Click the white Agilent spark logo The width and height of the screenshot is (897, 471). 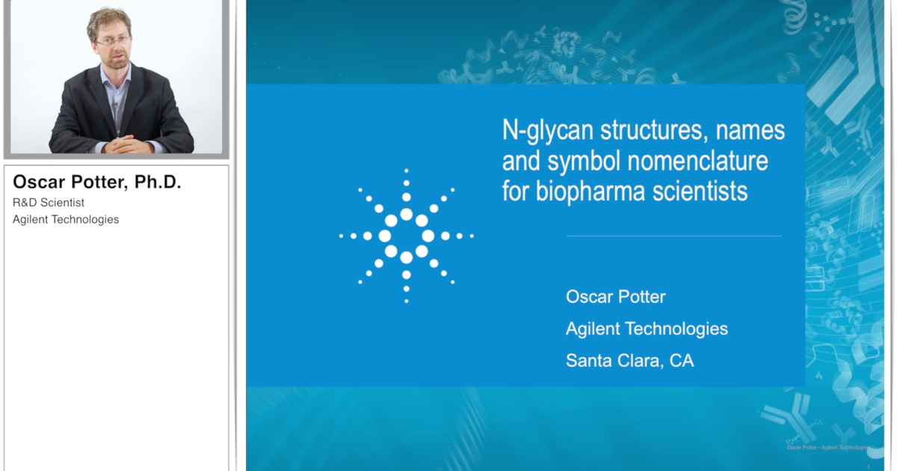(406, 235)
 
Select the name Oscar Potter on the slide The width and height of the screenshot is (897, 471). (615, 297)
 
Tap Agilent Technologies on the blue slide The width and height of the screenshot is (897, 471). (647, 329)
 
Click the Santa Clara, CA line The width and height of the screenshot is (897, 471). (629, 361)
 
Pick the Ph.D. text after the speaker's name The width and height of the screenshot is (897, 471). (158, 182)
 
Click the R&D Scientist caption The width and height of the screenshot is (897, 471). (49, 203)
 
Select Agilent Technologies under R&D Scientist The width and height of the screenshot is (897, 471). (66, 219)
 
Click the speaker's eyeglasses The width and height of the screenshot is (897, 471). (112, 40)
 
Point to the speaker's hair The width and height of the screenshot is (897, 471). (108, 18)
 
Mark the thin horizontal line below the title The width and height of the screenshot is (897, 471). (673, 236)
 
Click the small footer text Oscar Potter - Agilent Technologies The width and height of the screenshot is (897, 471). (827, 447)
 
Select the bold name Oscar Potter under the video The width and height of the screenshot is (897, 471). (69, 182)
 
